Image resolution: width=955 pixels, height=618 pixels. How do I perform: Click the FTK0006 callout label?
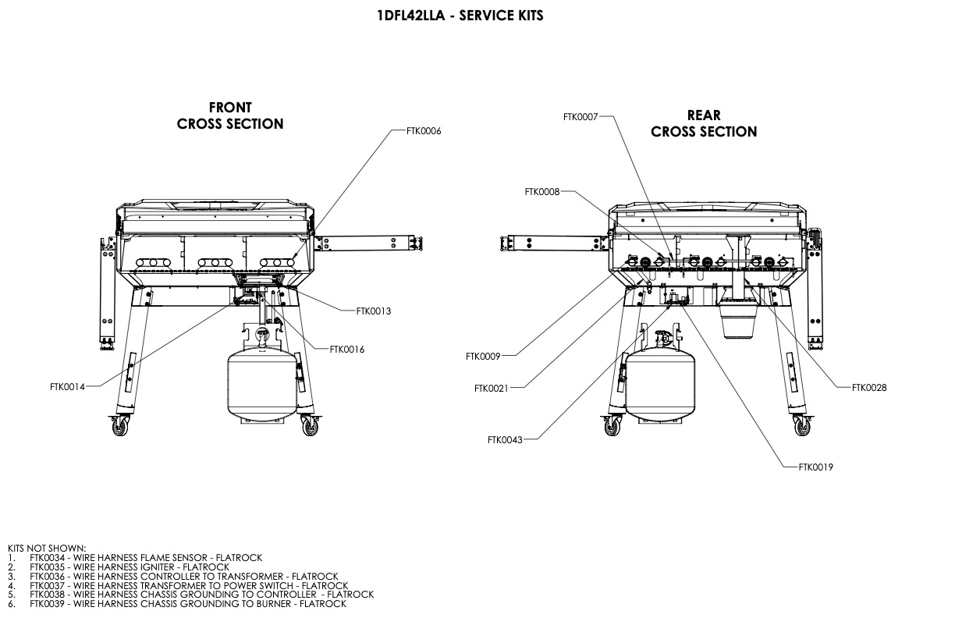pos(424,131)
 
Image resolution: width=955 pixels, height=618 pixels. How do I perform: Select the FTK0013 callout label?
pos(374,311)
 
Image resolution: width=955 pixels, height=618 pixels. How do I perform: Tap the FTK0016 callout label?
pos(347,350)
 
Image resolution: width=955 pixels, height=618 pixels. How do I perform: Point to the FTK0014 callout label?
pos(67,385)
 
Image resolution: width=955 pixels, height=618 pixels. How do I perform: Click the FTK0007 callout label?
pos(580,117)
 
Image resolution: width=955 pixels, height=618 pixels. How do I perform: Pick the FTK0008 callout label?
pos(541,191)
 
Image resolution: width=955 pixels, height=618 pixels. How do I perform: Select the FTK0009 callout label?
pos(483,357)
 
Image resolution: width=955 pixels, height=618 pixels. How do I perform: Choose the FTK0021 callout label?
pos(492,388)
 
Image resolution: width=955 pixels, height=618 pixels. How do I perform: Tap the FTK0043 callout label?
pos(505,440)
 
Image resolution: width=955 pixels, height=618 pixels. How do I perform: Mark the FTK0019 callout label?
pos(816,467)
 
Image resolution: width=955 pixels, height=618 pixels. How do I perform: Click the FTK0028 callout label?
pos(869,387)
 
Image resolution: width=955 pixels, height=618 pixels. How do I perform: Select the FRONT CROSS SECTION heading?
pos(230,115)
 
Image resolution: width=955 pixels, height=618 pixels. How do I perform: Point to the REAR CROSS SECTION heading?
pos(704,123)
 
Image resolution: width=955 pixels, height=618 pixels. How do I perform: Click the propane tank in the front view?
pos(263,384)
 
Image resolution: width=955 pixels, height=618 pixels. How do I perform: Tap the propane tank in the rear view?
pos(660,382)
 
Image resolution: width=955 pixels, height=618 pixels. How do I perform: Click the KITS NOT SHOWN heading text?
pos(47,549)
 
